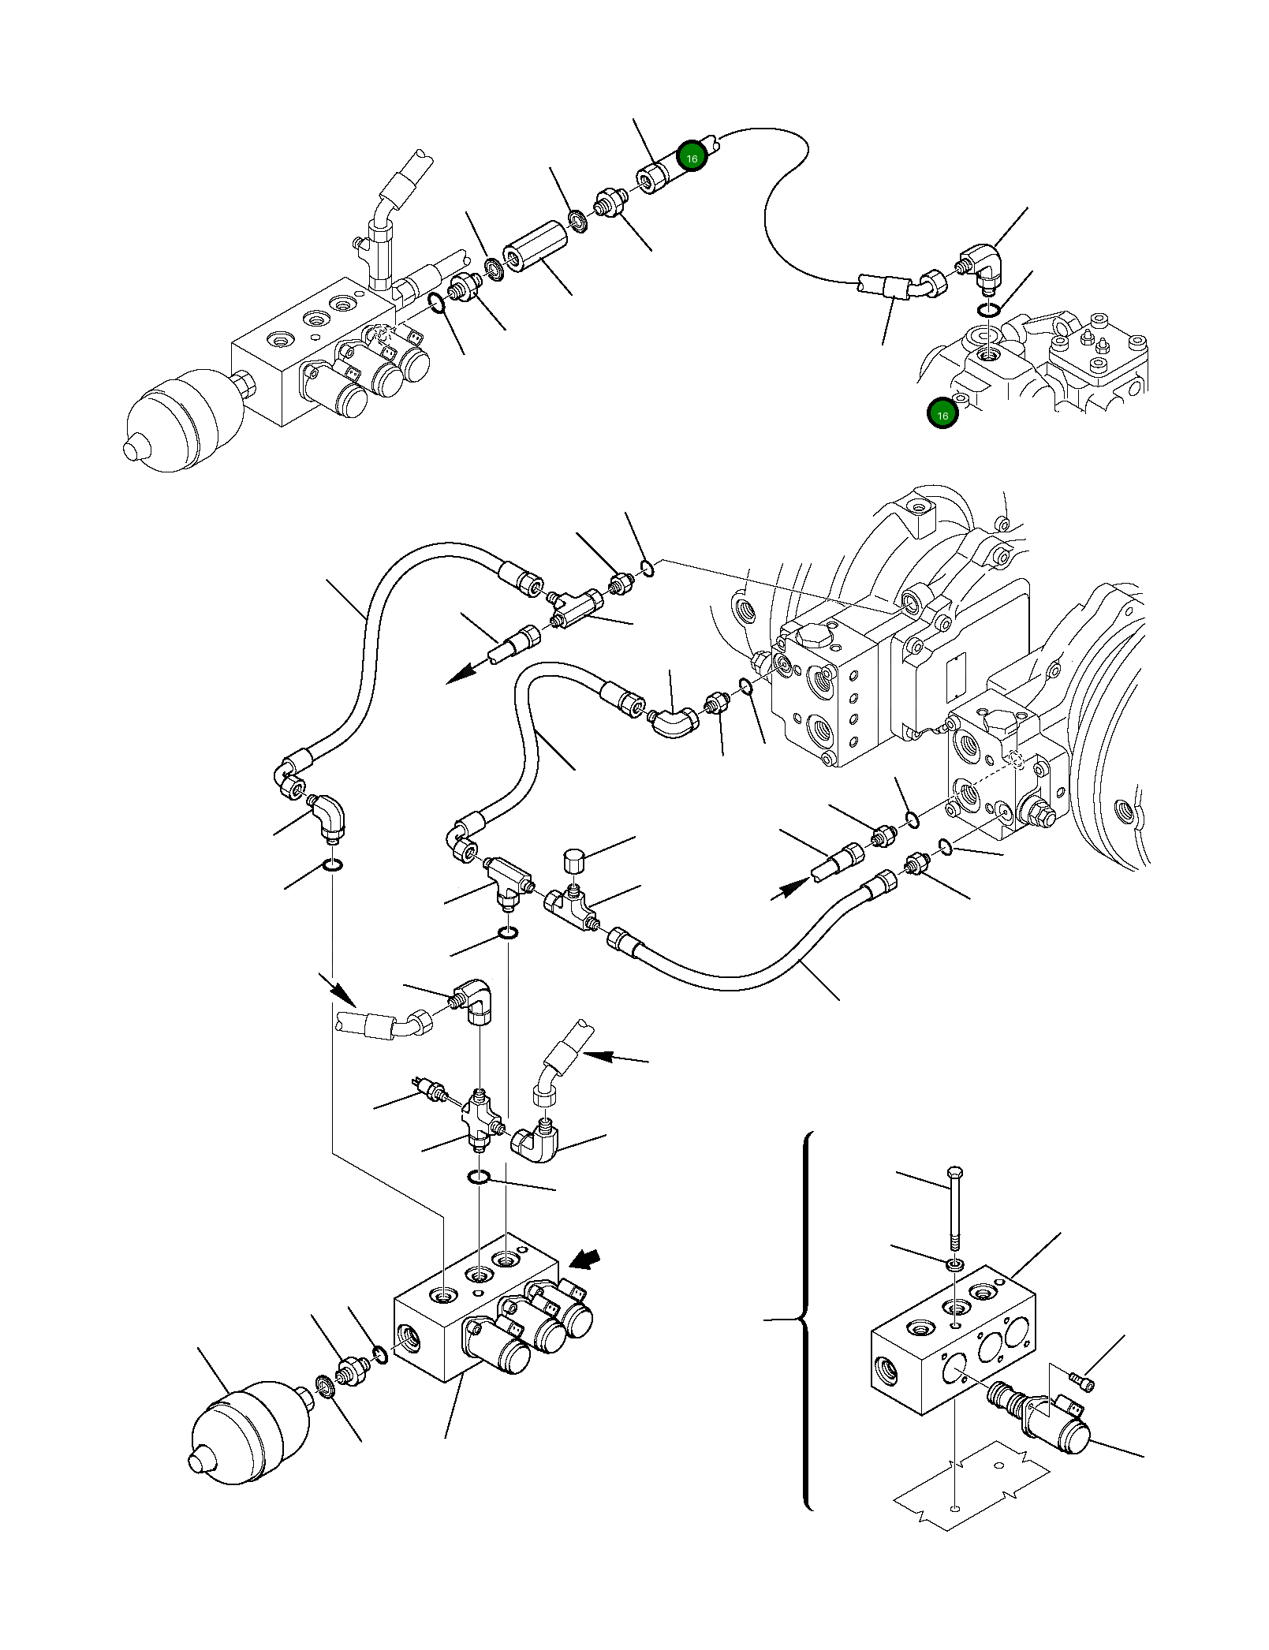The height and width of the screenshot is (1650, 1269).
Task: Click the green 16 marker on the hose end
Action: (692, 158)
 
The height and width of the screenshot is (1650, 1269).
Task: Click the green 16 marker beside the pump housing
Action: (942, 415)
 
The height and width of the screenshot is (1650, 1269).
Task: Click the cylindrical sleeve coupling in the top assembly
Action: (536, 246)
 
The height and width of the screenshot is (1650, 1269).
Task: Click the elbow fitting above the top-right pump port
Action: (983, 266)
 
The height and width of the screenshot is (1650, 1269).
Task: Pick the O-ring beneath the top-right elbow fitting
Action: (988, 310)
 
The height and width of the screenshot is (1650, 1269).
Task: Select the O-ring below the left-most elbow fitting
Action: (334, 866)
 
